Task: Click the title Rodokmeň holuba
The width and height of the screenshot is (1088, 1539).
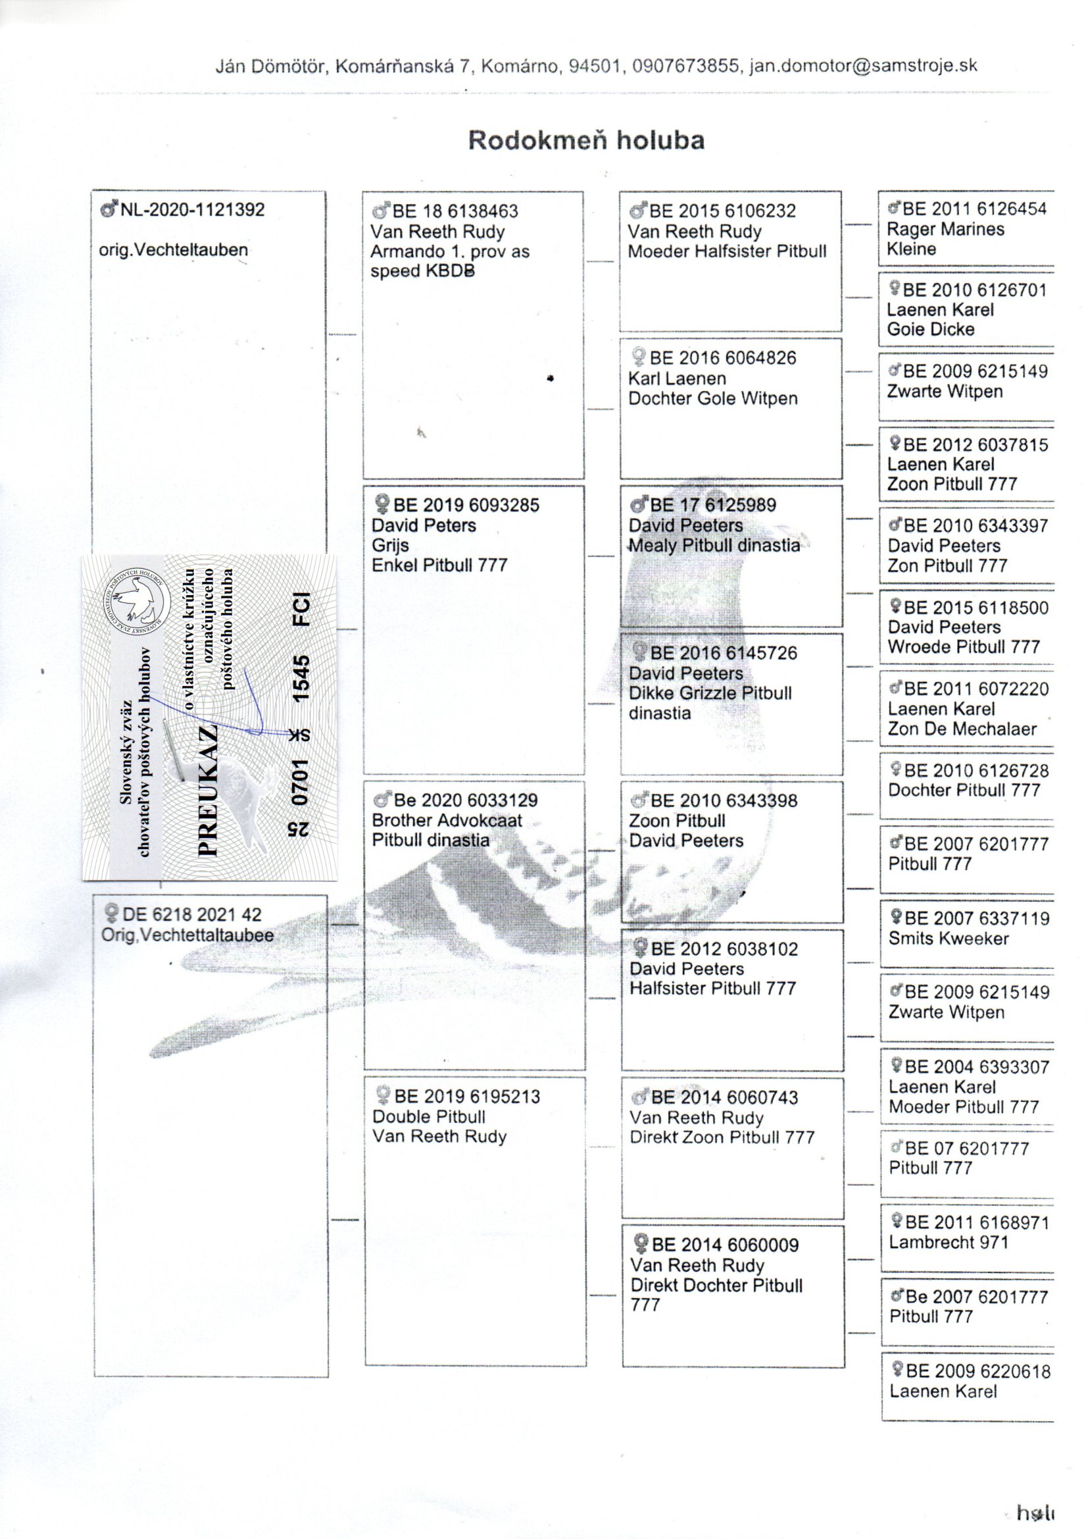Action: pyautogui.click(x=585, y=140)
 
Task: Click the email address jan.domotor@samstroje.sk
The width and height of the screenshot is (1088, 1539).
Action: pyautogui.click(x=863, y=66)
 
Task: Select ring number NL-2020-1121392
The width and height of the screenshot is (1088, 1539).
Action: pyautogui.click(x=191, y=210)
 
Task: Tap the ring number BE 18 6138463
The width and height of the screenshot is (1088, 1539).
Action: pyautogui.click(x=455, y=211)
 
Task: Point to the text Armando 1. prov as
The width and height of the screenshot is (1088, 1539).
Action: pyautogui.click(x=449, y=251)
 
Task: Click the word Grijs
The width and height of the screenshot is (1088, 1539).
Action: pyautogui.click(x=390, y=545)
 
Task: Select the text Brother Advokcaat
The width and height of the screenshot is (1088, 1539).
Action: pyautogui.click(x=447, y=820)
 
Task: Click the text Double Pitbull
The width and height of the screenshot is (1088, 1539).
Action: pyautogui.click(x=429, y=1116)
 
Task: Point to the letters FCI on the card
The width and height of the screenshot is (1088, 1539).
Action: pyautogui.click(x=302, y=608)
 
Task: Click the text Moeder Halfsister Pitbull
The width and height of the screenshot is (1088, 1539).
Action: pyautogui.click(x=727, y=251)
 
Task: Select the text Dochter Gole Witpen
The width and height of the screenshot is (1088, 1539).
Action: pyautogui.click(x=713, y=398)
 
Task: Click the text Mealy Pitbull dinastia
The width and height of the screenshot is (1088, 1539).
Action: pyautogui.click(x=714, y=546)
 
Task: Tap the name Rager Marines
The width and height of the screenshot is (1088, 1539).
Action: pyautogui.click(x=945, y=229)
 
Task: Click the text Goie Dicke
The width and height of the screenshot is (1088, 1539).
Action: pyautogui.click(x=931, y=329)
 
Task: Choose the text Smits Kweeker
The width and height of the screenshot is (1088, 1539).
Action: pyautogui.click(x=949, y=939)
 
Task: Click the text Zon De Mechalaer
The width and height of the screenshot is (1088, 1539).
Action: pyautogui.click(x=962, y=729)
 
